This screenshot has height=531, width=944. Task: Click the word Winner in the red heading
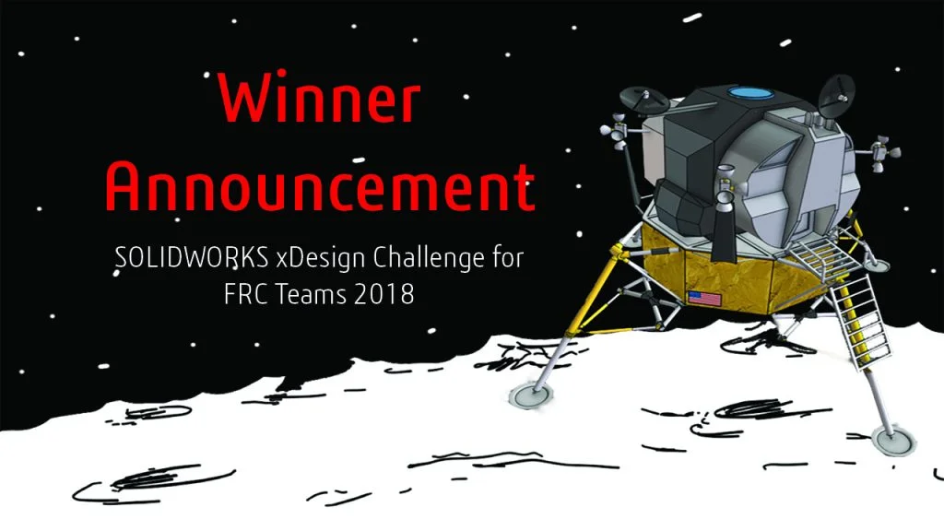[x=320, y=101]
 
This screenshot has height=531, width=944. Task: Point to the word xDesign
[x=316, y=259]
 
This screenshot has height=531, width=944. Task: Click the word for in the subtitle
[x=506, y=259]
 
